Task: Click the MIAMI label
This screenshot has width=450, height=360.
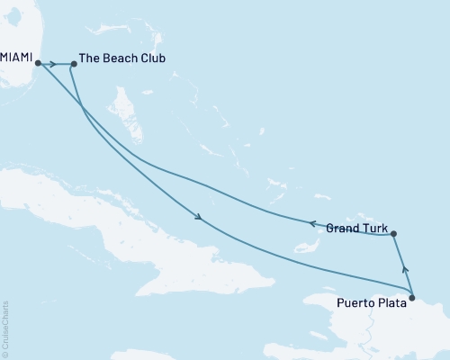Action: point(15,58)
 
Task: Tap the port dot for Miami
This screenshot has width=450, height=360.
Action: point(38,63)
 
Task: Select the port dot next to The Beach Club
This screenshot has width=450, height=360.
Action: point(74,64)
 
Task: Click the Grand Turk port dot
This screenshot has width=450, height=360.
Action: point(393,234)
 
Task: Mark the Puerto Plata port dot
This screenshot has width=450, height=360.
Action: point(411,297)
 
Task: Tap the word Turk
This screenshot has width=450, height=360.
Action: point(375,228)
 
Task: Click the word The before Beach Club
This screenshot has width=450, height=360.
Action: point(90,58)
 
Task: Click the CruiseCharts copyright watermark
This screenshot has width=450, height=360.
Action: point(5,328)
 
